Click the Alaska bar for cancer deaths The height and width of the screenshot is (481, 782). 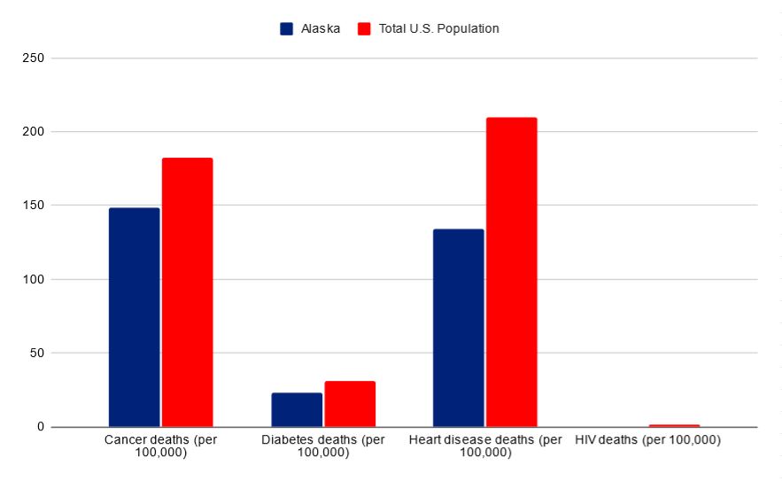coord(134,317)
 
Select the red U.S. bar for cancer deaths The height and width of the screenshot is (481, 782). coord(187,292)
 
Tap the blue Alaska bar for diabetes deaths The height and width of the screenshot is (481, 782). coord(297,409)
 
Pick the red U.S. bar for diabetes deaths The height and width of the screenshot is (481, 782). coord(350,404)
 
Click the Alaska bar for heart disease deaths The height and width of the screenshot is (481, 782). coord(458,328)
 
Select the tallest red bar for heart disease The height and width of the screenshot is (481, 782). coord(511,272)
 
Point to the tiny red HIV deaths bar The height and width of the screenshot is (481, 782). coord(674,425)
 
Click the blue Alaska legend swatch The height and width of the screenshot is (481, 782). coord(287,28)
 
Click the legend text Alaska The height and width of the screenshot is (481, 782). coord(321,28)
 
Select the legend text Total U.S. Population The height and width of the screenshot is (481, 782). coord(438,28)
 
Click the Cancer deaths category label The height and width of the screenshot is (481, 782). coord(160,446)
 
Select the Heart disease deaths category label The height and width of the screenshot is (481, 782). coord(485,446)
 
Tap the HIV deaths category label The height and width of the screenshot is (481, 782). coord(647,440)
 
